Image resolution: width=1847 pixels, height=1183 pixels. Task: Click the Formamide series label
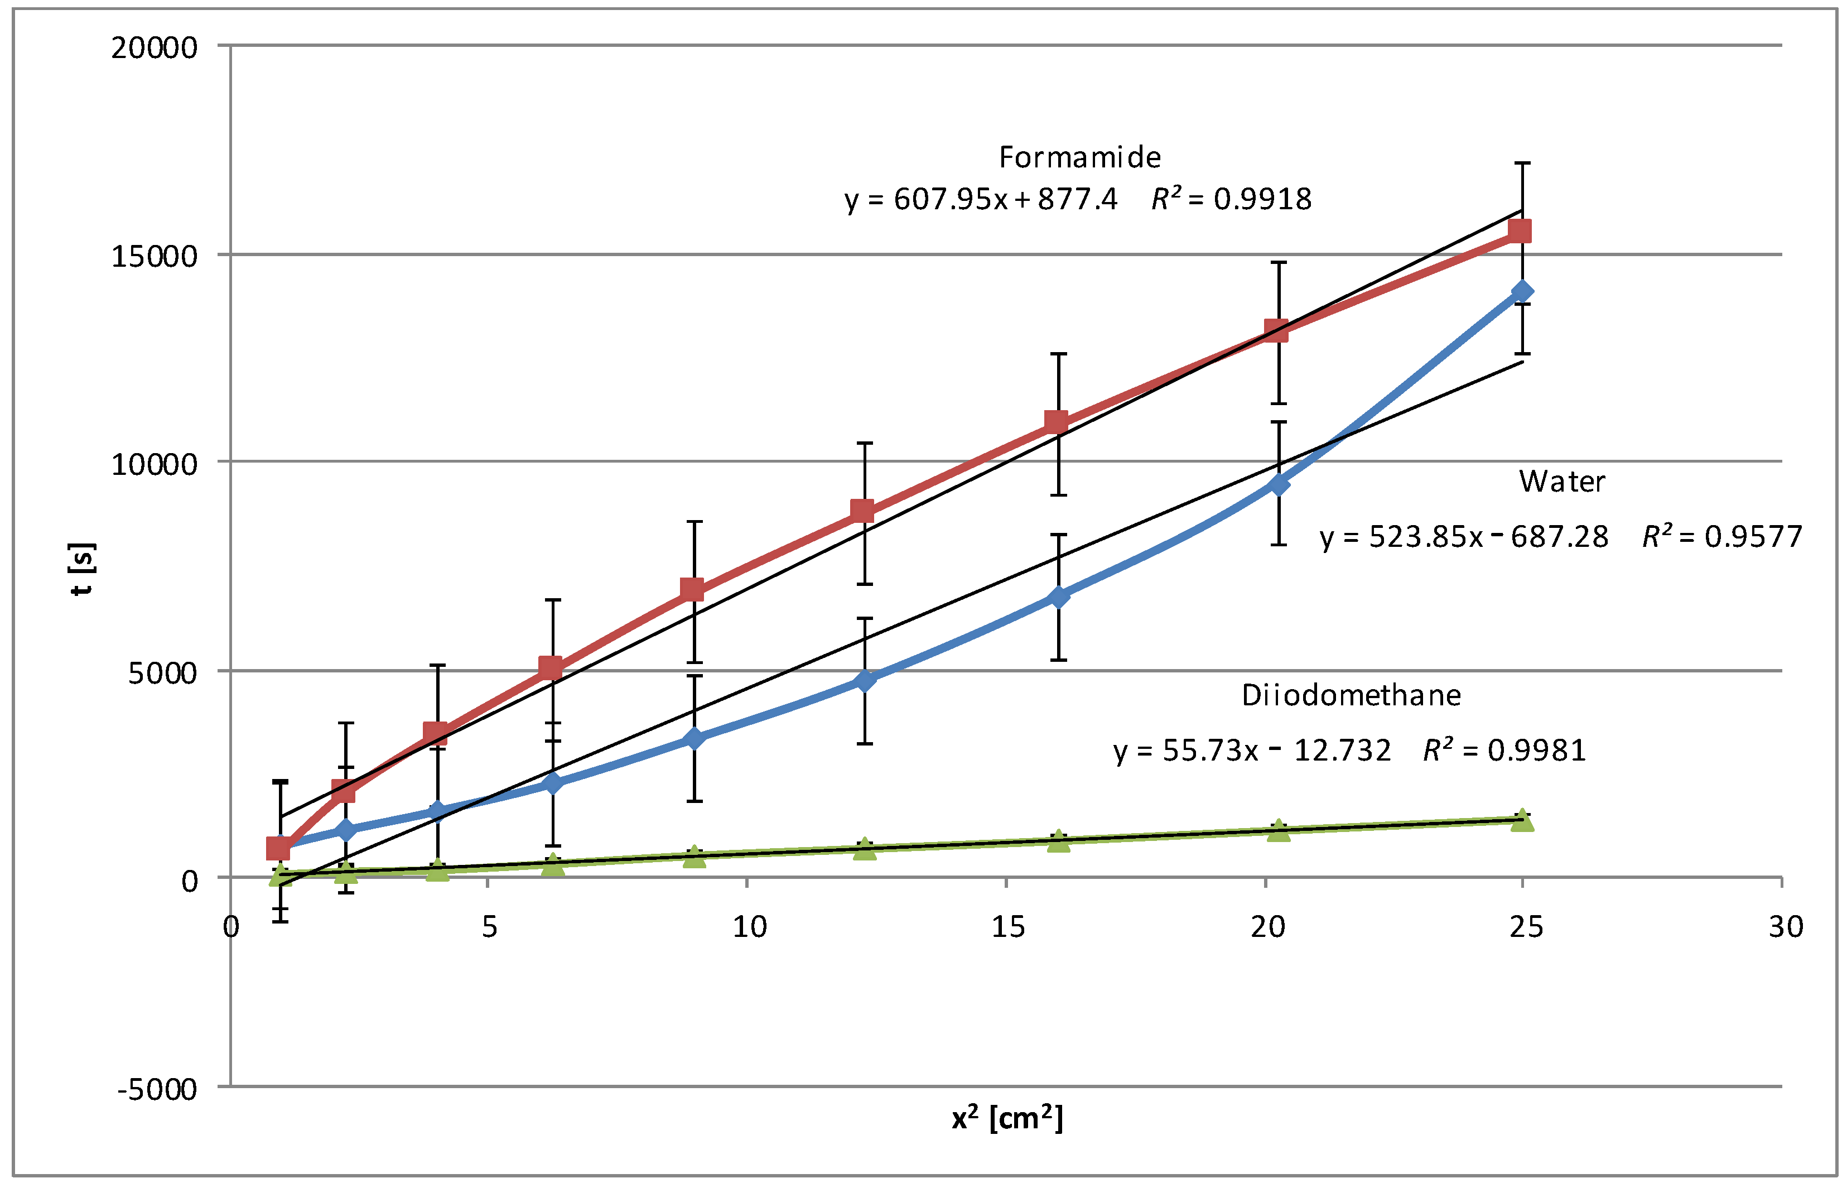[1079, 157]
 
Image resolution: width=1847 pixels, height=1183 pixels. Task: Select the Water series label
[1561, 482]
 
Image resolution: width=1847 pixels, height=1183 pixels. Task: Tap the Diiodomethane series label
[1351, 695]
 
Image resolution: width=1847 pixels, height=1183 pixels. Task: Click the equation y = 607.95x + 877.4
[981, 200]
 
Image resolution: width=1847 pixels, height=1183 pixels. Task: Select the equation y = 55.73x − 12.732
[1252, 750]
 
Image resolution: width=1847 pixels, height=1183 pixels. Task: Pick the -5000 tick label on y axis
[157, 1089]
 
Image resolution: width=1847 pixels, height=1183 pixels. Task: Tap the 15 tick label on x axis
[1007, 927]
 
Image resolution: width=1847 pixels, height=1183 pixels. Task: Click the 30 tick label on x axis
[1786, 927]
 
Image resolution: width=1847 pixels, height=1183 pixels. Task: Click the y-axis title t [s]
[82, 569]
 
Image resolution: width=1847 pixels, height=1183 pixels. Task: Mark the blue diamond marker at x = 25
[1521, 292]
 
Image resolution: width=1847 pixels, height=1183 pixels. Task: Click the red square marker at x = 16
[1056, 422]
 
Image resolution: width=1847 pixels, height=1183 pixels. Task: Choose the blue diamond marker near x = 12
[865, 680]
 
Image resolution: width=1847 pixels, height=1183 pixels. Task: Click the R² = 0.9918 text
[1231, 200]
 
